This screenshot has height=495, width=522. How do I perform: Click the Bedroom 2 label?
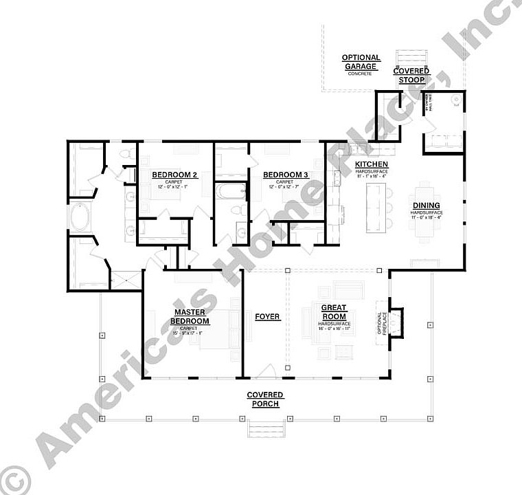pos(174,175)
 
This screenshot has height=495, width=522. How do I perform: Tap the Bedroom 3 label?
pos(286,175)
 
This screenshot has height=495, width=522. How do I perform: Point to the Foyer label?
pos(267,317)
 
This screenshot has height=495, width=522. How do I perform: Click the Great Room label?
pos(334,312)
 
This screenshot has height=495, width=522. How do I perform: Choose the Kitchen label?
pos(372,164)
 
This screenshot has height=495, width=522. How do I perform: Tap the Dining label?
pos(427,206)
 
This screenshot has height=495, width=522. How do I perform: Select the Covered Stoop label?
pos(411,75)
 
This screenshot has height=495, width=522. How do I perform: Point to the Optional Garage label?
pos(361,62)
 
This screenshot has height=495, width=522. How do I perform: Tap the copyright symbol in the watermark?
pos(14,480)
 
